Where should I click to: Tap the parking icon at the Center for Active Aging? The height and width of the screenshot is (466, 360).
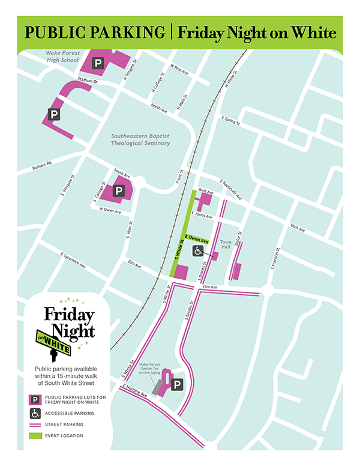pyautogui.click(x=178, y=384)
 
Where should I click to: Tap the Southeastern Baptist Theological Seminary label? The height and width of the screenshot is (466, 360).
pyautogui.click(x=140, y=139)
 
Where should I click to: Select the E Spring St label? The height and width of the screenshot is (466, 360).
pyautogui.click(x=230, y=120)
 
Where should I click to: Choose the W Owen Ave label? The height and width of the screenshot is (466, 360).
pyautogui.click(x=110, y=211)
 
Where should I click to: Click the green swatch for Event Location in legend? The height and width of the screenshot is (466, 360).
pyautogui.click(x=35, y=435)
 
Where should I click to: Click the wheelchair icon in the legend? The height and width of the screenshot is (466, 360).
pyautogui.click(x=35, y=413)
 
